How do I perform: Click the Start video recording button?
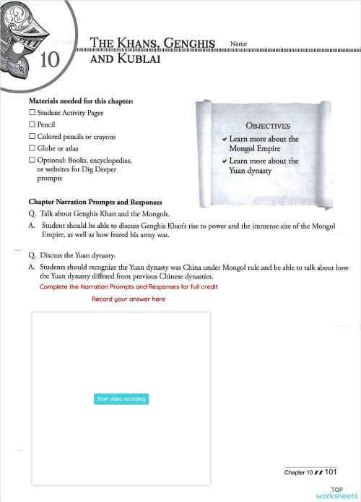[x=121, y=399]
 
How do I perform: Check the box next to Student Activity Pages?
[x=32, y=114]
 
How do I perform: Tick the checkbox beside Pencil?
[x=32, y=125]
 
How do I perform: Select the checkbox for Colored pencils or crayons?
[x=32, y=137]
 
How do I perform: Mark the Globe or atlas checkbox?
[x=32, y=148]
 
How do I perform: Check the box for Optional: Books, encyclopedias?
[x=32, y=159]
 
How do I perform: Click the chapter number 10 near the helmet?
[x=50, y=60]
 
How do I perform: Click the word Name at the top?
[x=238, y=44]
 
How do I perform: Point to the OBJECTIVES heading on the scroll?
[x=268, y=125]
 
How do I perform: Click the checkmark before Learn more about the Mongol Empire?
[x=226, y=139]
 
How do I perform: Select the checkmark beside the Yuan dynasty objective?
[x=226, y=161]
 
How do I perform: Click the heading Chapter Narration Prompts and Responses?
[x=95, y=202]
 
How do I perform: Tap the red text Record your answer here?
[x=129, y=299]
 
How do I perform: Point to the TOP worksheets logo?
[x=336, y=493]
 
